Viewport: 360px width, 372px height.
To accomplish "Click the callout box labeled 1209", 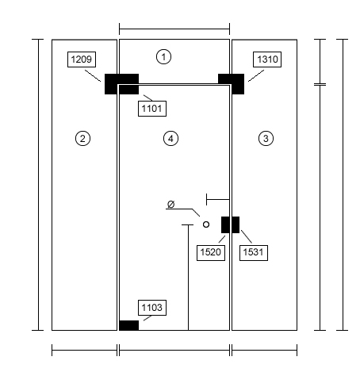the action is (82, 59).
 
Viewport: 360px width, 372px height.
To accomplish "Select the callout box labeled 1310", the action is (267, 59).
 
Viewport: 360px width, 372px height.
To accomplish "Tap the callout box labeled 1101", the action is (152, 109).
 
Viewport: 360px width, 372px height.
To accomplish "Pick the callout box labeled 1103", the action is (152, 308).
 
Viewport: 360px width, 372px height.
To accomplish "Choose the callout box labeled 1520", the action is (211, 253).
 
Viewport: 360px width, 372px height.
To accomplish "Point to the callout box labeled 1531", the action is (254, 253).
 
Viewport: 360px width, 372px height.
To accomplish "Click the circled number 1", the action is (163, 56).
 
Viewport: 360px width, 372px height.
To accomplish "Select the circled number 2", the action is (82, 138).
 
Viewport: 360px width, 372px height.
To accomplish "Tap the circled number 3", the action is (266, 138).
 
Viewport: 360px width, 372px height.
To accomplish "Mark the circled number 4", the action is (170, 138).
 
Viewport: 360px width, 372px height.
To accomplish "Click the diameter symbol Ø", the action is (171, 204).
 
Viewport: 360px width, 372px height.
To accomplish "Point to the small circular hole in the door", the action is (206, 224).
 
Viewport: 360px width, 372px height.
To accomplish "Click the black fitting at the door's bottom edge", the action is (128, 325).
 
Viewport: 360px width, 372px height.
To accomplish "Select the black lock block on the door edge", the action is (230, 224).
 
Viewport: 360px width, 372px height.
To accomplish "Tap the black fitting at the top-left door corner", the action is (121, 84).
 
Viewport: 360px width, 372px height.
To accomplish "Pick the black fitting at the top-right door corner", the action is (231, 84).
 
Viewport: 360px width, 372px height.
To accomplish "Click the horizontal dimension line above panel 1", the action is (174, 29).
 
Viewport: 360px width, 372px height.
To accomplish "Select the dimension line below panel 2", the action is (84, 350).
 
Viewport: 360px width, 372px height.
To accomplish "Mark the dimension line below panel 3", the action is (264, 350).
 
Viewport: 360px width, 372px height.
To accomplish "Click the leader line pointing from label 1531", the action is (247, 236).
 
